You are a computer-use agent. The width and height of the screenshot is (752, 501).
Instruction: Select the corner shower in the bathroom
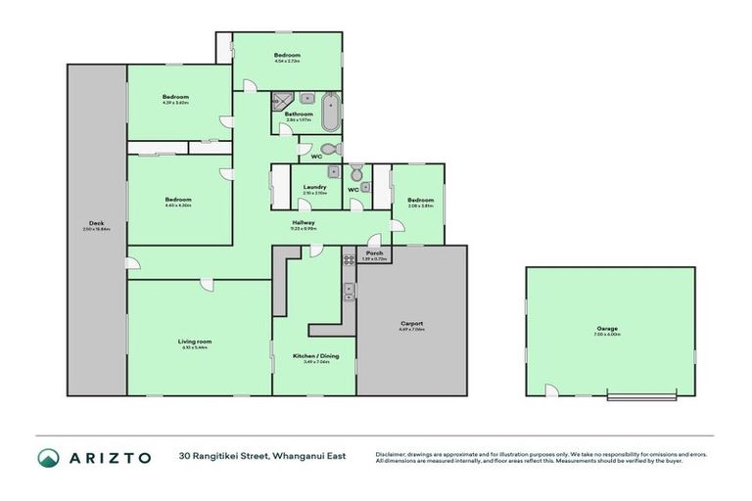284,99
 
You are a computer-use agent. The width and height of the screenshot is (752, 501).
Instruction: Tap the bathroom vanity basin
306,99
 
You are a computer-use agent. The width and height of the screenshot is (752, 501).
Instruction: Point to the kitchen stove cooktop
348,259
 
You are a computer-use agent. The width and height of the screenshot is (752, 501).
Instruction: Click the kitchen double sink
348,291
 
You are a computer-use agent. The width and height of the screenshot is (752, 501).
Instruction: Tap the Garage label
609,329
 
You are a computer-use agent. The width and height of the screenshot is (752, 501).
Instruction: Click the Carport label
411,324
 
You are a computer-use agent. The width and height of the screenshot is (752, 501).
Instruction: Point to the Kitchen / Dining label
314,356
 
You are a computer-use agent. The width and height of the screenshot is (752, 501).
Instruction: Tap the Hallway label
303,223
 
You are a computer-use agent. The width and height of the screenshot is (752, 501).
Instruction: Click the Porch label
374,252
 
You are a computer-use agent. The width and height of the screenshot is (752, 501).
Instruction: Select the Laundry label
314,187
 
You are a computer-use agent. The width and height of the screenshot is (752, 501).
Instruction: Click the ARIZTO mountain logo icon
48,457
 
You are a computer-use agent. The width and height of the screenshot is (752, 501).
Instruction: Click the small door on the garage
552,391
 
